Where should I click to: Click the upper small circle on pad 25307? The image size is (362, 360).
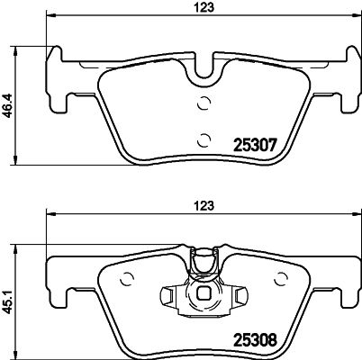204,101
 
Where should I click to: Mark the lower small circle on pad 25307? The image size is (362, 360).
204,138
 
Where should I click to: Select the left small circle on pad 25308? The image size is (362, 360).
127,278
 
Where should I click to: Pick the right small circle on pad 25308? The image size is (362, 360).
281,278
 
